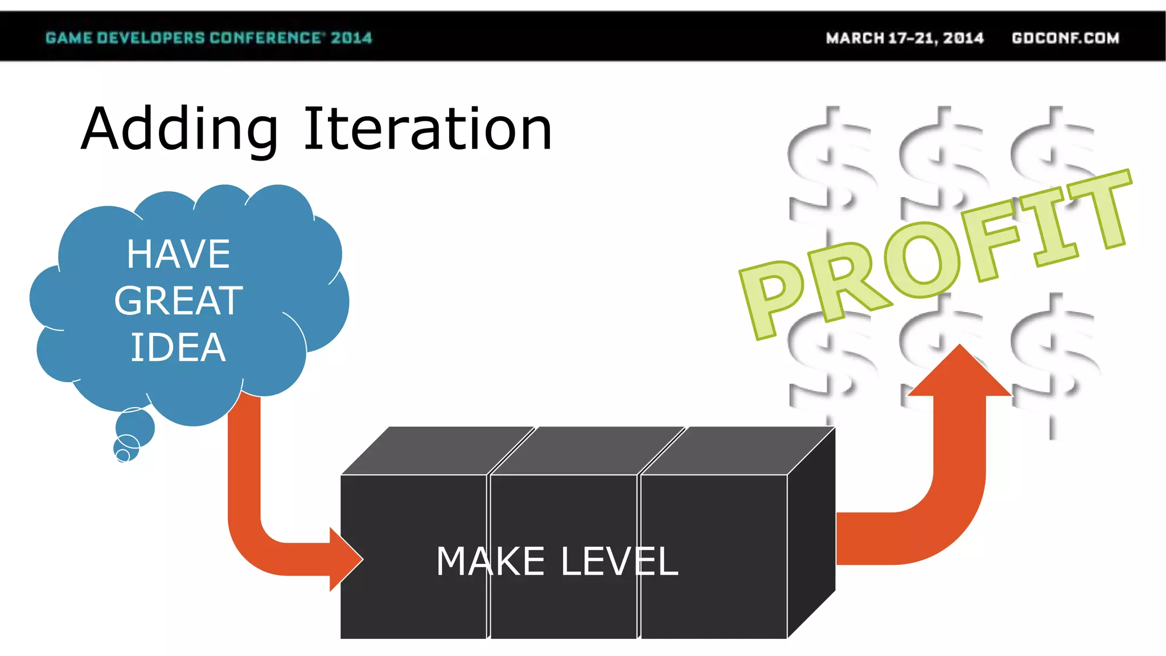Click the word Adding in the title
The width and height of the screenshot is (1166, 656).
pos(179,130)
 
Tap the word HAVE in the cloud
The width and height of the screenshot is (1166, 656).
pos(178,254)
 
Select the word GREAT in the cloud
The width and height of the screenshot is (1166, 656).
pos(178,301)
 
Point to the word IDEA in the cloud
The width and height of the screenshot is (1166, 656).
pos(178,347)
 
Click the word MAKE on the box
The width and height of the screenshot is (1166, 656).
pos(490,561)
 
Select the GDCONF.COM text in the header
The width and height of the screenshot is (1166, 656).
pos(1065,38)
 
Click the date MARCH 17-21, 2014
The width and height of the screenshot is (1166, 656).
pos(905,38)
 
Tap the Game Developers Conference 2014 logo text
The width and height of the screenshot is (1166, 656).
pos(208,38)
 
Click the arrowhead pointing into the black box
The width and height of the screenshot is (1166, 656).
pos(344,559)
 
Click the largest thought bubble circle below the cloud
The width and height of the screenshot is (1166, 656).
pos(135,427)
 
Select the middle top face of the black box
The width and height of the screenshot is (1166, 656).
pos(586,450)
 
